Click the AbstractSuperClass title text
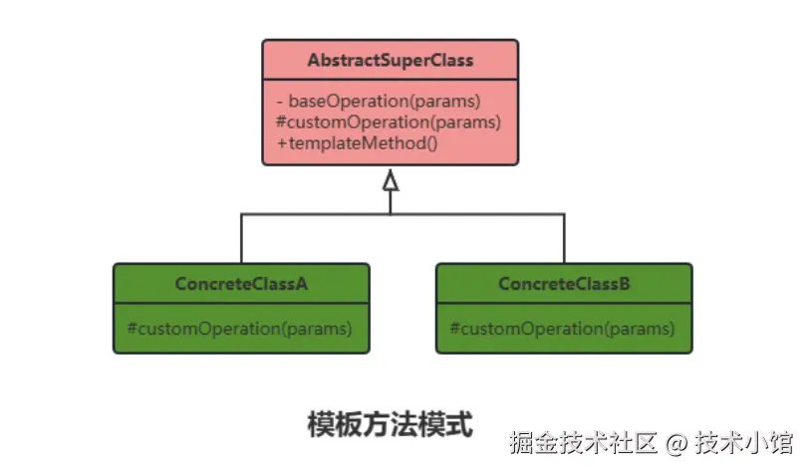390,61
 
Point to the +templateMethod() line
358,143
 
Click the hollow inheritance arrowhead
391,180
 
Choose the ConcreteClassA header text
241,284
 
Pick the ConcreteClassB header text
564,284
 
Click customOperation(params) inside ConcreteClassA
240,328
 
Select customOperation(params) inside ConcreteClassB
563,328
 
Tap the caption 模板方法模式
390,424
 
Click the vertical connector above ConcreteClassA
241,239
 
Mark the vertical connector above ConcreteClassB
564,239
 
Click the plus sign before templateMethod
282,143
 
